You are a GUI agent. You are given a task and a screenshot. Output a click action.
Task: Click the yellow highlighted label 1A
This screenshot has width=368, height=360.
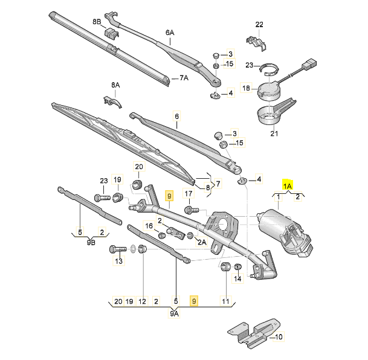point(287,186)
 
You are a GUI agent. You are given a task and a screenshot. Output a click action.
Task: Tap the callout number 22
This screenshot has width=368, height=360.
point(259,24)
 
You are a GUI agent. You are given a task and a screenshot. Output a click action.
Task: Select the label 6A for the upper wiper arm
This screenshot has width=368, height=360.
point(170,33)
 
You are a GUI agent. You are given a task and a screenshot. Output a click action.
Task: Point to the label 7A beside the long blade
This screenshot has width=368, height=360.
point(184,78)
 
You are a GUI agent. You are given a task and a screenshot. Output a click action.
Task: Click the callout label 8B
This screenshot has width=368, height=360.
point(97,22)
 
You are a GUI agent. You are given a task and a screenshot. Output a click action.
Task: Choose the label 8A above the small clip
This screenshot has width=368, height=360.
point(115,85)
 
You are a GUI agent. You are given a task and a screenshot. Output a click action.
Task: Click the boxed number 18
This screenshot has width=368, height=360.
point(246,88)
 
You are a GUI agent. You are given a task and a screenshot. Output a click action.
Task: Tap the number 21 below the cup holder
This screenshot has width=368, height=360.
point(274,133)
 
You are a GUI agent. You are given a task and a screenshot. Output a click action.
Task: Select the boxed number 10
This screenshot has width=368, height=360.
point(279,337)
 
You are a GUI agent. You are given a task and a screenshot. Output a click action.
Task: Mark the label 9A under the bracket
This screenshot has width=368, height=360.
point(174,313)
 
